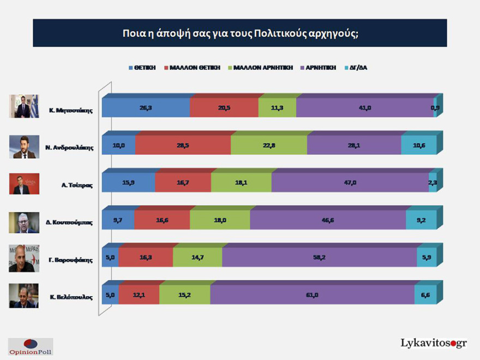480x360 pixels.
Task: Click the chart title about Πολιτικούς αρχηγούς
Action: [x=240, y=33]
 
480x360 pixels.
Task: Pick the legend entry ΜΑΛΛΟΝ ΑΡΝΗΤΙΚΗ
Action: [x=260, y=68]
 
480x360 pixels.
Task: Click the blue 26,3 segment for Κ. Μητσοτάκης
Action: [x=146, y=108]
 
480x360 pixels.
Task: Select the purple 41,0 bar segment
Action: [x=364, y=108]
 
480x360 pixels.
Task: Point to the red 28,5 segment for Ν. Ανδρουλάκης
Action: [x=183, y=146]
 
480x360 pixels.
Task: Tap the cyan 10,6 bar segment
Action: [x=418, y=146]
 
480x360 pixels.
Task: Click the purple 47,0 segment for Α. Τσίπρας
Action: [x=350, y=183]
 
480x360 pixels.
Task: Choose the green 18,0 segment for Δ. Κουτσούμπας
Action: [x=220, y=220]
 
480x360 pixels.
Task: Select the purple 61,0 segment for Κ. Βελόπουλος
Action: [x=312, y=295]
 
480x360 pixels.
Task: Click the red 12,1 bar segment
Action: [x=139, y=295]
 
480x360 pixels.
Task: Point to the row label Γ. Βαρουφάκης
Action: [x=69, y=260]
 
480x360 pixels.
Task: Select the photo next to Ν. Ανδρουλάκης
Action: [x=24, y=146]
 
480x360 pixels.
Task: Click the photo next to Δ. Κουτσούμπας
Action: [x=24, y=221]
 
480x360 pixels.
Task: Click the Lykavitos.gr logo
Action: [x=434, y=343]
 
